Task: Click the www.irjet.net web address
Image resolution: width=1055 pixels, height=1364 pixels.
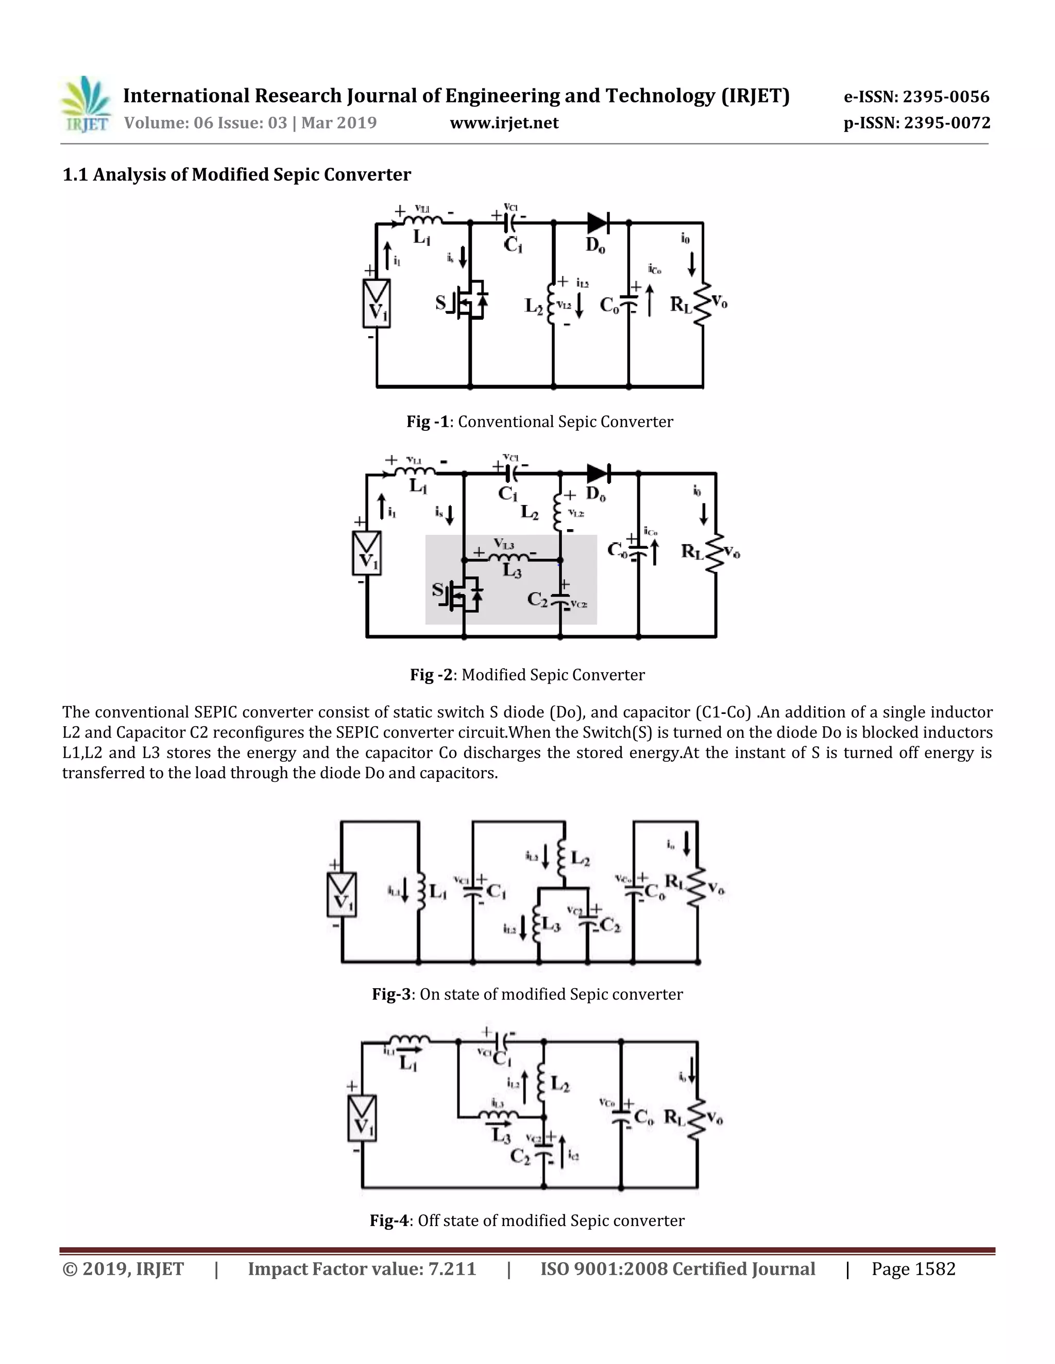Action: (x=504, y=123)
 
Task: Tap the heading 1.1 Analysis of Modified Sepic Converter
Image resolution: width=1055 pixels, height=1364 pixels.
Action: (x=236, y=174)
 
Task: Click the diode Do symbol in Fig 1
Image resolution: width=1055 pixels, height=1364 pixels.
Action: (x=598, y=222)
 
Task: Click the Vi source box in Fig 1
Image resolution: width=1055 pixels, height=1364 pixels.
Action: (x=376, y=304)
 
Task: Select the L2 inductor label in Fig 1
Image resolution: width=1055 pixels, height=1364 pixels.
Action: (x=533, y=306)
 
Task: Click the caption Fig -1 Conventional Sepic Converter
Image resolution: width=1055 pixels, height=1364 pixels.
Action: (x=539, y=422)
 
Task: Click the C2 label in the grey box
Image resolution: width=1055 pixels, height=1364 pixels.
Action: (x=537, y=600)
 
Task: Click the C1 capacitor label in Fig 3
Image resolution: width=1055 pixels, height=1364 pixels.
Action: (x=496, y=890)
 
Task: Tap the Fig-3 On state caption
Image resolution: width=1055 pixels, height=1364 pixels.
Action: (x=527, y=994)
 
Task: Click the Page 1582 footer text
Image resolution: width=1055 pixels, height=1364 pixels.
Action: (x=913, y=1269)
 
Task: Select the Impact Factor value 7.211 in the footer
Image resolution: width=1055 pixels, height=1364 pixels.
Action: (x=362, y=1269)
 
